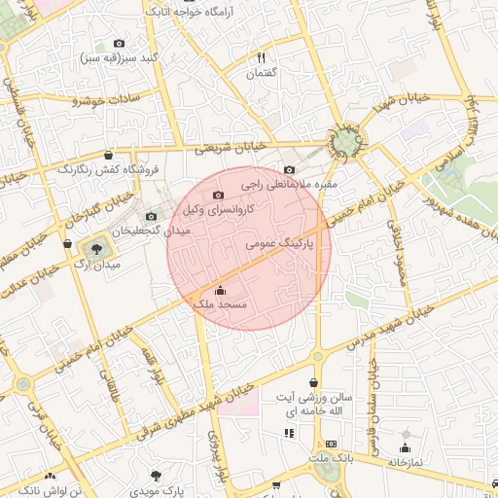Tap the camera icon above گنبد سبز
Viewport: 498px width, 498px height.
(x=120, y=44)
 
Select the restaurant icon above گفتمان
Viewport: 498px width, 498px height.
(x=262, y=58)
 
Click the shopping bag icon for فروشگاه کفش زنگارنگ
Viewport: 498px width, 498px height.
(x=108, y=155)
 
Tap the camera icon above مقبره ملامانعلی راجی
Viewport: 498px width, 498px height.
(x=289, y=169)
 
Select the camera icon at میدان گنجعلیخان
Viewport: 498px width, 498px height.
(x=150, y=216)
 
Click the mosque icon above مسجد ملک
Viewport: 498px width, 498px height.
(x=220, y=290)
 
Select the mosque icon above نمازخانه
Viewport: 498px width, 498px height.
(x=406, y=447)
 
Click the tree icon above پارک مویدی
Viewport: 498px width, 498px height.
(x=156, y=476)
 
